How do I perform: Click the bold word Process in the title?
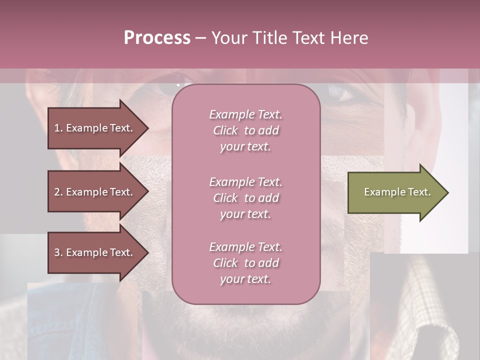coord(157,38)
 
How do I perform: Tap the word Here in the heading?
coord(349,38)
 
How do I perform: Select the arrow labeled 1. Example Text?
coord(95,128)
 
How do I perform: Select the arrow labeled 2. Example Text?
coord(95,192)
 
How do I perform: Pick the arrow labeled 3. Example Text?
coord(95,252)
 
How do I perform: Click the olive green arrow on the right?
coord(395,192)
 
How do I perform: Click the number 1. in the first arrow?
coord(58,128)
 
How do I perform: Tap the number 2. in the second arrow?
coord(58,192)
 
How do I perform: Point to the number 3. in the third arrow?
coord(58,252)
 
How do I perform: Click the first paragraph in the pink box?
coord(245,130)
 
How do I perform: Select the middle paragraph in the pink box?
coord(245,198)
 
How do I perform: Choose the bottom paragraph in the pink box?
coord(245,263)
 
